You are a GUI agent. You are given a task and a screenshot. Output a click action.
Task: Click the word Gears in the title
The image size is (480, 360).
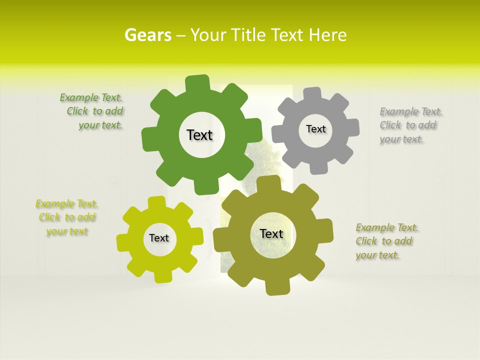[x=147, y=35]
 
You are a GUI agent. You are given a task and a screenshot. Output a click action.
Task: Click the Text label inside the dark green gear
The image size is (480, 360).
[x=199, y=135]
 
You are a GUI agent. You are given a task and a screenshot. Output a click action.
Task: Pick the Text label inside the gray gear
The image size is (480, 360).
[x=315, y=129]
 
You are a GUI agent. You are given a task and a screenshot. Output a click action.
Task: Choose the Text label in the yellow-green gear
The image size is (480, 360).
[x=159, y=238]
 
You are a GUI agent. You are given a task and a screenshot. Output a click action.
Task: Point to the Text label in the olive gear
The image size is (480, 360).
[x=271, y=233]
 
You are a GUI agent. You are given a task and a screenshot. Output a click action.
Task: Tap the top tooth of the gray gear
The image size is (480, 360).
[x=312, y=93]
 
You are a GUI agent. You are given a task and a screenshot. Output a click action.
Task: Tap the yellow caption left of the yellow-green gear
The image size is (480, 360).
[x=67, y=217]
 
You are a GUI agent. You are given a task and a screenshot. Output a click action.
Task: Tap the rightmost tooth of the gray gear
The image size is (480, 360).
[x=352, y=127]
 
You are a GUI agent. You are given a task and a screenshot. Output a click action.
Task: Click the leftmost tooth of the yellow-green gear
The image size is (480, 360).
[x=123, y=243]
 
